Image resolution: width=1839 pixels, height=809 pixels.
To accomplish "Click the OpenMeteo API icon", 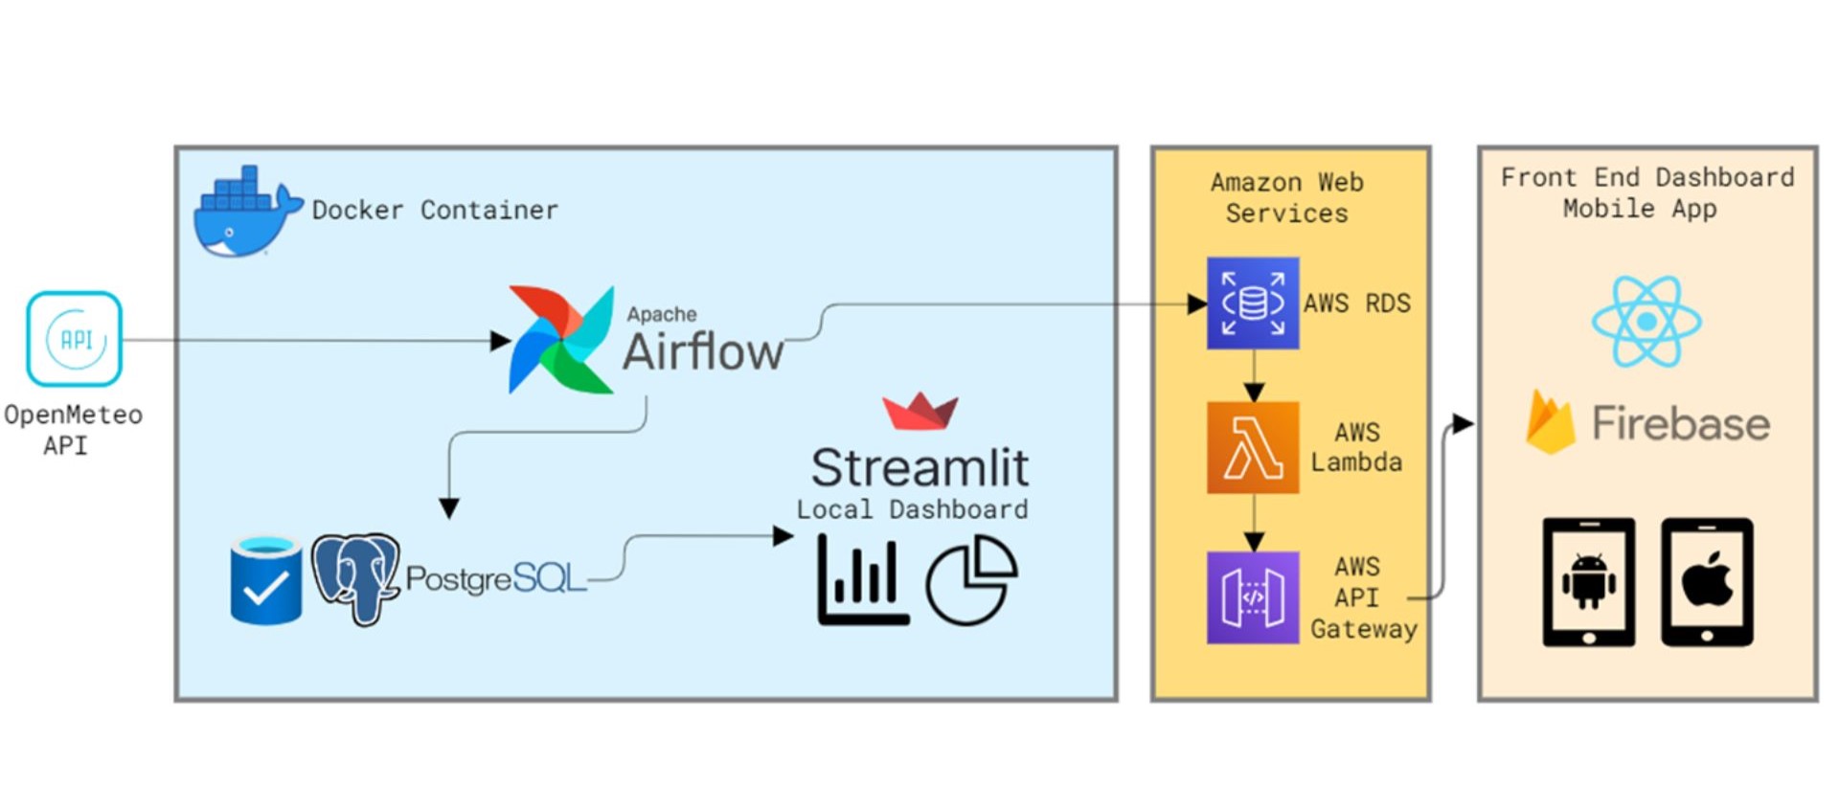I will pos(74,339).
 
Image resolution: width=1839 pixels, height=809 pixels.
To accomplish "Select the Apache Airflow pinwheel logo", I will pos(561,340).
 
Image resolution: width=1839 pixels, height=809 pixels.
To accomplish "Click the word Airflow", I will pos(703,352).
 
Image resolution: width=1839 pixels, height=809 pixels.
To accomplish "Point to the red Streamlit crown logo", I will pos(919,411).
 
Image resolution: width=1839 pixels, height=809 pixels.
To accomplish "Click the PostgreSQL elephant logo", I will pos(355,578).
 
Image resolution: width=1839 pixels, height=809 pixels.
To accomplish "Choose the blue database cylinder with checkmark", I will pos(266,580).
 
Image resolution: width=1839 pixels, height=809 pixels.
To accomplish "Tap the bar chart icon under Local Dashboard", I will pos(862,581).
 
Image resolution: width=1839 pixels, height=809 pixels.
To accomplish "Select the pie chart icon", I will pos(971,580).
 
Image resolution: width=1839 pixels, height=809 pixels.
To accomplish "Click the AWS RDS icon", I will pos(1252,303).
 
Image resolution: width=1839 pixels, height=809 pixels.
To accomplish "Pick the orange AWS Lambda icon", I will pos(1252,447).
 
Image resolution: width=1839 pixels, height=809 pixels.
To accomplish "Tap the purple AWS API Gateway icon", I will pos(1252,597).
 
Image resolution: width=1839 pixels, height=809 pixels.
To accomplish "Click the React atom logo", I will pos(1646,322).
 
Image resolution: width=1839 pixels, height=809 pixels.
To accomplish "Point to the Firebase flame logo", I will pos(1551,422).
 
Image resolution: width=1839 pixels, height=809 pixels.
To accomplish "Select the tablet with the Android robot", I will pos(1588,582).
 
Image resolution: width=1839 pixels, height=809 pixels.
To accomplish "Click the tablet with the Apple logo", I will pos(1707,582).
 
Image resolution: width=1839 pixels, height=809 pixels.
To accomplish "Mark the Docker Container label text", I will pos(435,210).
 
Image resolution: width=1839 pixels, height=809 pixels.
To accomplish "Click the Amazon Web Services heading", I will pos(1286,197).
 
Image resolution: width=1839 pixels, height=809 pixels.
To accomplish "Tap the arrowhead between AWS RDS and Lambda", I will pos(1253,392).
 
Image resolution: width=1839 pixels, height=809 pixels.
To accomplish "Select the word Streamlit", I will pos(919,467).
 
